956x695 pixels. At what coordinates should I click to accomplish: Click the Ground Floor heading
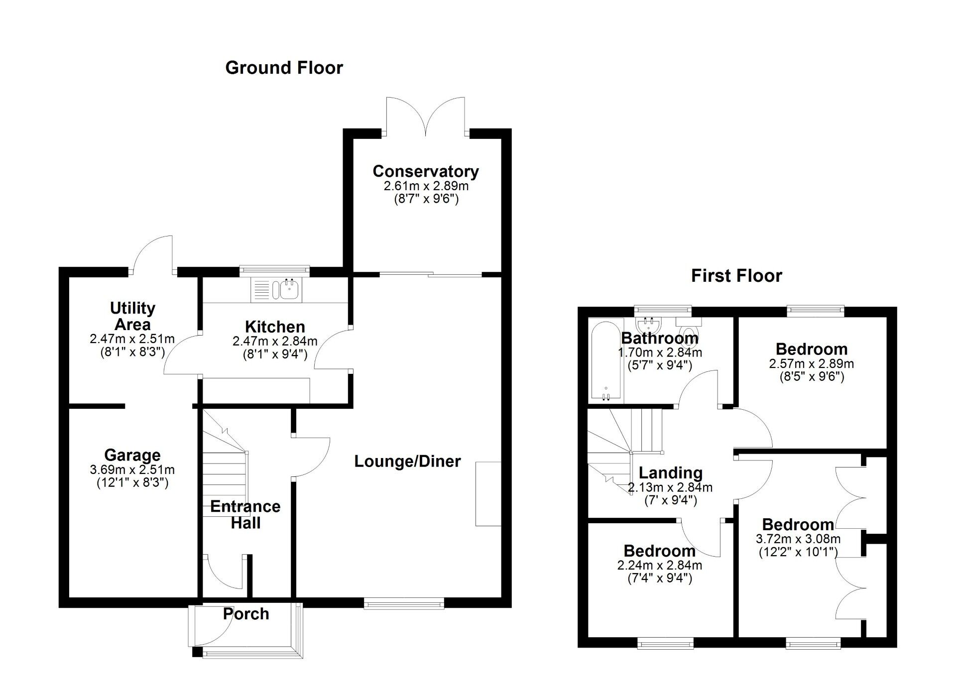point(284,68)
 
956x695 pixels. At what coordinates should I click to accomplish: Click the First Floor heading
point(736,276)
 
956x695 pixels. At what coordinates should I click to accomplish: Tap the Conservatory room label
point(426,171)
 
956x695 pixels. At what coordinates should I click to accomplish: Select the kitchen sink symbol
point(288,288)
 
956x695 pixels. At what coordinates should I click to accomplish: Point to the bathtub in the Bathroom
point(606,360)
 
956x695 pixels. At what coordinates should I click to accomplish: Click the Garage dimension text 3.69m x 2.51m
point(132,469)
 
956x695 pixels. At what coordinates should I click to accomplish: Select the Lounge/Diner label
point(407,462)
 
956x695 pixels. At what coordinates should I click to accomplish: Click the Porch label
point(246,614)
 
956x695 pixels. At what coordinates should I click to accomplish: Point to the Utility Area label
point(132,316)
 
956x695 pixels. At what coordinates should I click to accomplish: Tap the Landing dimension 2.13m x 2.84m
point(670,488)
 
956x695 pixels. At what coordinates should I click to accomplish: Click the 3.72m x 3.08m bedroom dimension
point(798,539)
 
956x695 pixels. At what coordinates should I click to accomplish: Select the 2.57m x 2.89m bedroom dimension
point(811,364)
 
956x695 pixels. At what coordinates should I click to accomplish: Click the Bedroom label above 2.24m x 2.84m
point(659,551)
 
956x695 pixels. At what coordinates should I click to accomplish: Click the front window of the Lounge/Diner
point(403,604)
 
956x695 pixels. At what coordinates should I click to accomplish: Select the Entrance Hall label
point(245,515)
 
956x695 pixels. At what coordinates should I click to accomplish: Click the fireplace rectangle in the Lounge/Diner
point(488,493)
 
